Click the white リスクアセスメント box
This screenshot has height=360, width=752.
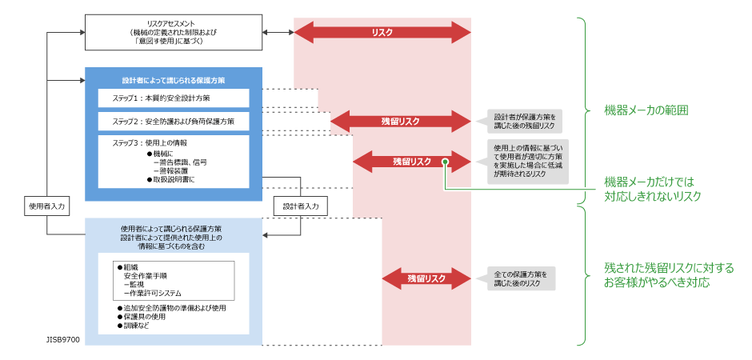coord(174,32)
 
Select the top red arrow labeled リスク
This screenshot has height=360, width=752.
coord(382,32)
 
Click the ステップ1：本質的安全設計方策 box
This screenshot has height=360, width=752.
coord(174,98)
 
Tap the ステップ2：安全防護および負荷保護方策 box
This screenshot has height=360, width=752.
coord(174,122)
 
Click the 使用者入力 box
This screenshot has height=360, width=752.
coord(46,206)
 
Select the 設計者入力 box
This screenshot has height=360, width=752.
coord(301,206)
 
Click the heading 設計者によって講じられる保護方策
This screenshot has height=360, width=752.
coord(174,81)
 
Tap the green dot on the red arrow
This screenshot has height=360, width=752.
coord(444,162)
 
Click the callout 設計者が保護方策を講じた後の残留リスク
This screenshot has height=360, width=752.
coord(524,121)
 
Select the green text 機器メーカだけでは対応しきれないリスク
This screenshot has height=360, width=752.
coord(653,189)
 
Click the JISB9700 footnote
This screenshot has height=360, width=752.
coord(62,339)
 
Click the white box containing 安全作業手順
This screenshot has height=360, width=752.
coord(174,280)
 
